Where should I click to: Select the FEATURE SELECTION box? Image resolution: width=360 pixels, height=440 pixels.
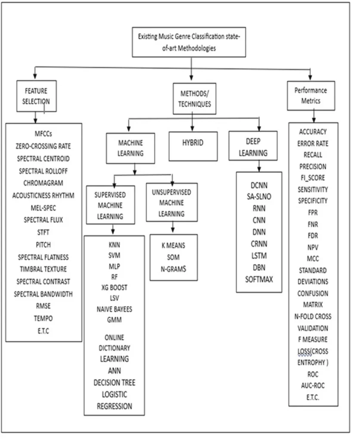[x=36, y=96]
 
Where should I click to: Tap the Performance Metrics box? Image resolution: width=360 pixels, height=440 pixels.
[x=311, y=95]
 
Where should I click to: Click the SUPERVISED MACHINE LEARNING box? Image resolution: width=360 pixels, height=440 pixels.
[x=111, y=205]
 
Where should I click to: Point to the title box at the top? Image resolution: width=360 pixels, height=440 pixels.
[x=189, y=43]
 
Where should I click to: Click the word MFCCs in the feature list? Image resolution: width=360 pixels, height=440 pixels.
[x=43, y=134]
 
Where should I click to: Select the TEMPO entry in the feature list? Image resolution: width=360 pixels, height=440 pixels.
[x=43, y=319]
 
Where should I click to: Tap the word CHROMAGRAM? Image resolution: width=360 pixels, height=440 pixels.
[x=43, y=183]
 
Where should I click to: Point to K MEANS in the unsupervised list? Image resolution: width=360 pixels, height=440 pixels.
[x=174, y=246]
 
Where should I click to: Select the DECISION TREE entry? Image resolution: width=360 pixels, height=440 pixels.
[x=114, y=382]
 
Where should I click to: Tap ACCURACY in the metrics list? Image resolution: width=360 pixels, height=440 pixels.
[x=312, y=132]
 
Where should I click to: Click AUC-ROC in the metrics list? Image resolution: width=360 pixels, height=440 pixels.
[x=312, y=386]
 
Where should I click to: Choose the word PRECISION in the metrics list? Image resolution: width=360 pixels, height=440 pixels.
[x=312, y=167]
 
